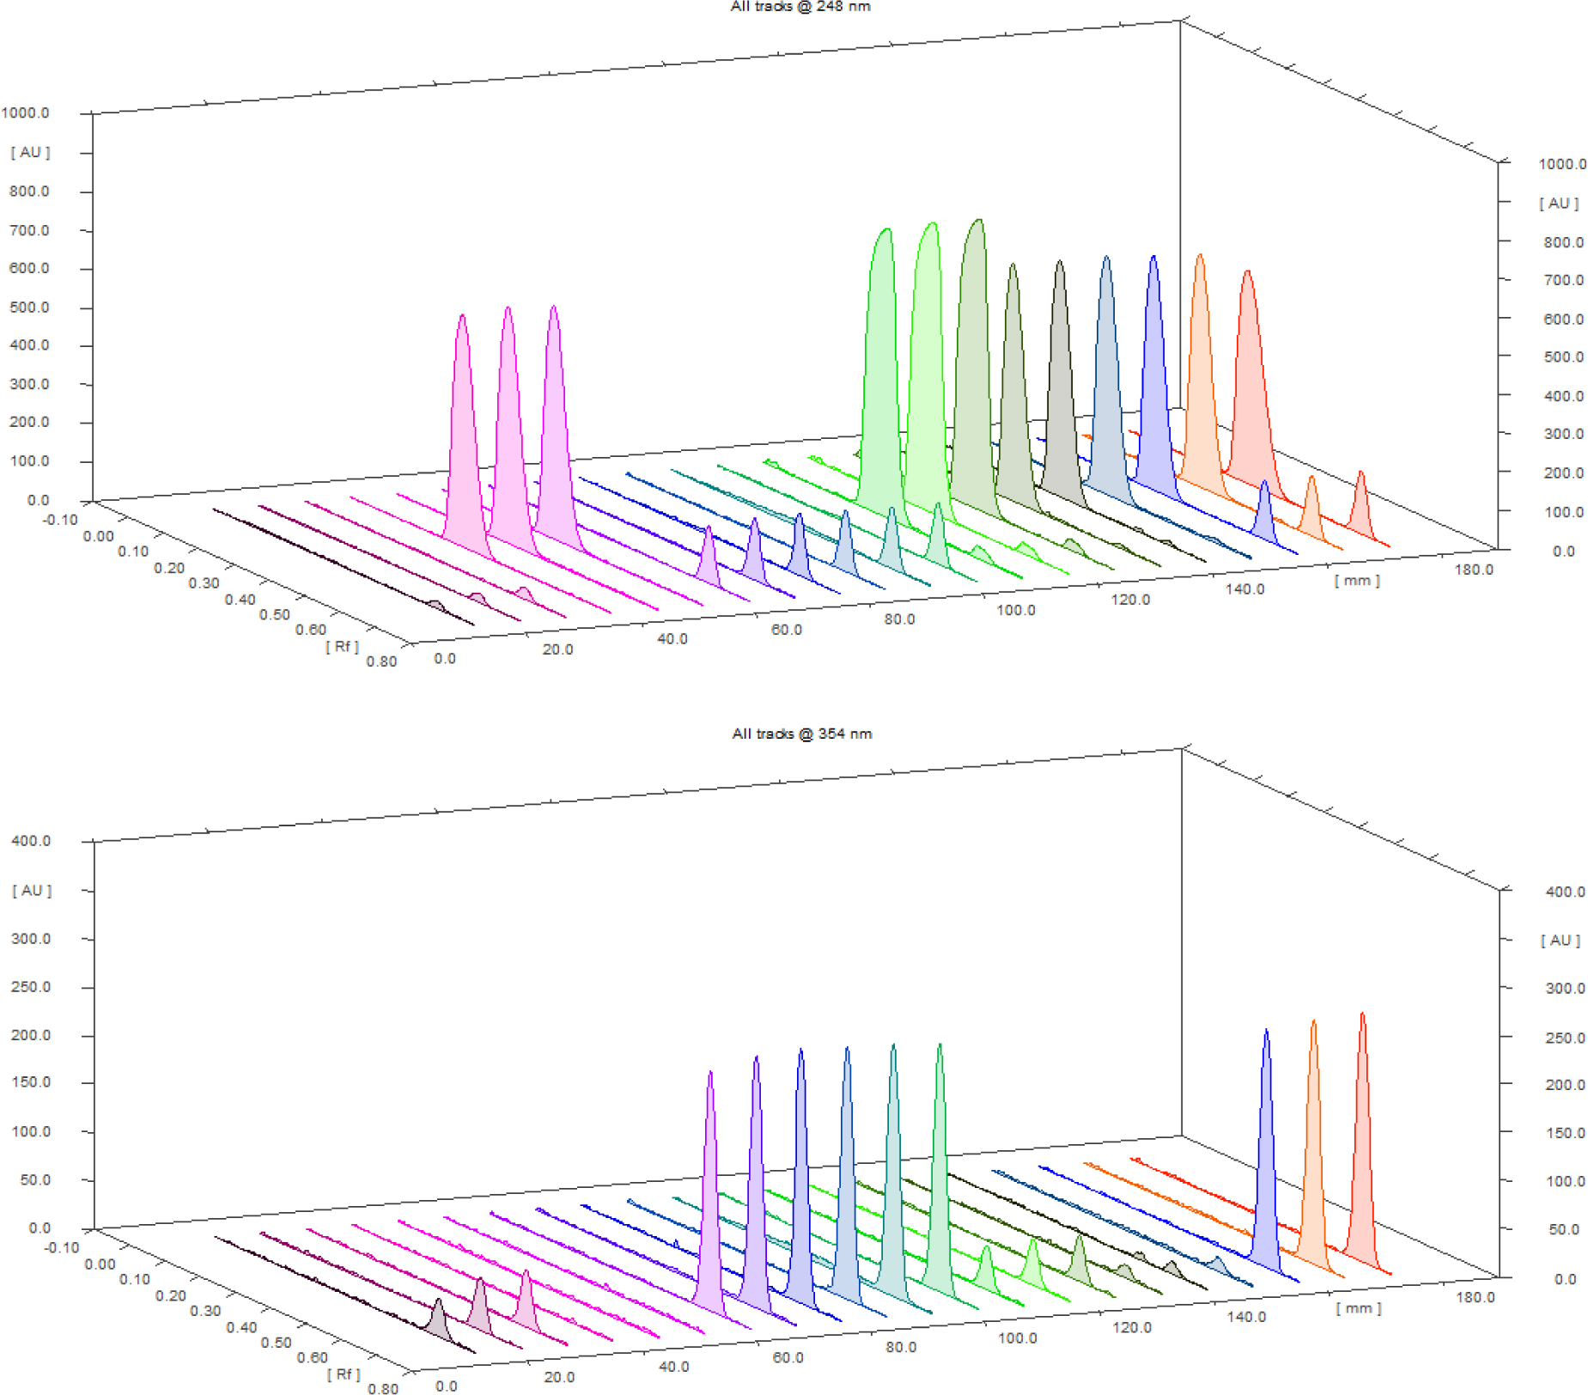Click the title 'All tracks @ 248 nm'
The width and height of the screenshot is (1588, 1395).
pos(800,7)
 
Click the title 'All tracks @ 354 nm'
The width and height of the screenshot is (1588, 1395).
pos(801,734)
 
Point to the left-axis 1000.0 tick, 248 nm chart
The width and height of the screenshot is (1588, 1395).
pos(26,113)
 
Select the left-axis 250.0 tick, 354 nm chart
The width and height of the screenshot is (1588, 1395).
pos(31,987)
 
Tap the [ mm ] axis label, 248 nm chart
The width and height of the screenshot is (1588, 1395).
pos(1357,581)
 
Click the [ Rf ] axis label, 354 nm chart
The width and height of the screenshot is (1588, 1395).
pos(344,1374)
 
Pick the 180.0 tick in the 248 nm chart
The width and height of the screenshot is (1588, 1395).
pos(1474,570)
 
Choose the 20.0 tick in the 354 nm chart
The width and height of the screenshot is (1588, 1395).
pos(559,1377)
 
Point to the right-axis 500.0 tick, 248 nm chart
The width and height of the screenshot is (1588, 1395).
pos(1563,357)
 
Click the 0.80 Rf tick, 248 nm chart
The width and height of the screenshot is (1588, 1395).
pos(381,661)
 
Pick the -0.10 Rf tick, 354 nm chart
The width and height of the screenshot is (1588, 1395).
pos(61,1247)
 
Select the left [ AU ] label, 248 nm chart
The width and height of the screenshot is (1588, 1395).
pos(31,152)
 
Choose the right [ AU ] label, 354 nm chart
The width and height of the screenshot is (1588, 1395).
pos(1561,941)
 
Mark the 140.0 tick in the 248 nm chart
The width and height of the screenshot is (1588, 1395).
pos(1244,589)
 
